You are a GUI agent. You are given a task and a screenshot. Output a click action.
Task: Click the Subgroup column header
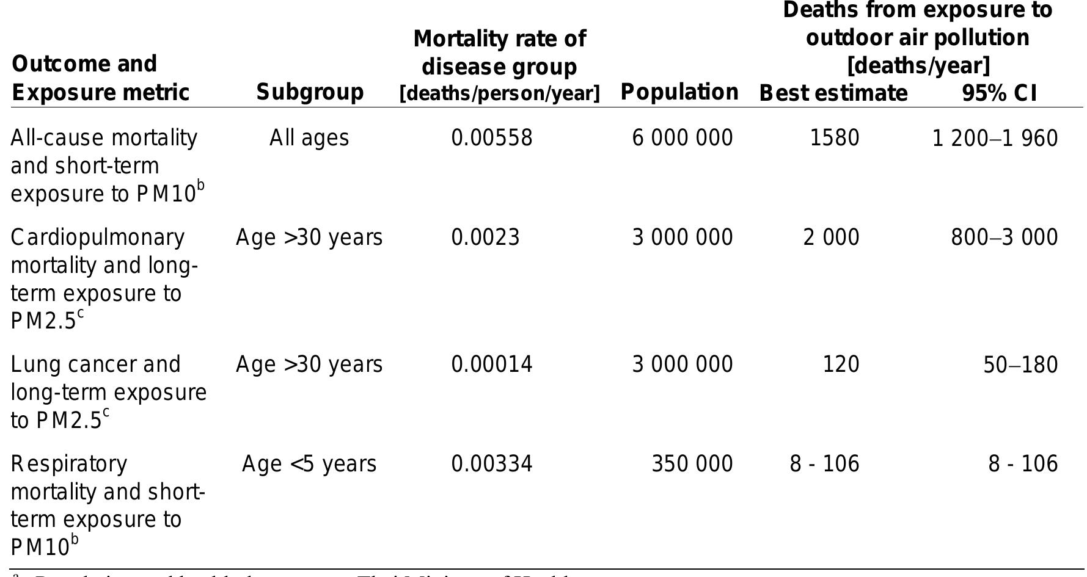(310, 92)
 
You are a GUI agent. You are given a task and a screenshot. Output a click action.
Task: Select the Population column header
(679, 92)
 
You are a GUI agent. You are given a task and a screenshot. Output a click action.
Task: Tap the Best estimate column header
(833, 93)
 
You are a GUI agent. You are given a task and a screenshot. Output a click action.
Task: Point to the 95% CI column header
(999, 93)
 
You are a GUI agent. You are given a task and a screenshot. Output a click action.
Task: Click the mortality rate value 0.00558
(492, 138)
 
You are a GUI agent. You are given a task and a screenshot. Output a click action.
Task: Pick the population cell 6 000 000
(683, 138)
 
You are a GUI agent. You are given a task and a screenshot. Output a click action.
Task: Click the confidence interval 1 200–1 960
(995, 139)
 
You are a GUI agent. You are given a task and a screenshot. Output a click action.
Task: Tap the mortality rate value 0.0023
(485, 238)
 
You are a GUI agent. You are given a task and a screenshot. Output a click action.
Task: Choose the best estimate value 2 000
(831, 238)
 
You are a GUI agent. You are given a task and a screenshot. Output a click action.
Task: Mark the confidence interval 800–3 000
(1005, 238)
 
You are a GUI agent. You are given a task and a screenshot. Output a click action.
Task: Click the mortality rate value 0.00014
(492, 365)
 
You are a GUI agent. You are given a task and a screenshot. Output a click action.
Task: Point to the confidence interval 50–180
(1020, 365)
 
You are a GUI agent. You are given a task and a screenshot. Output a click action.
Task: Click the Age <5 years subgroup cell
(309, 464)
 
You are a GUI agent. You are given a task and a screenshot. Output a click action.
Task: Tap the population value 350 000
(692, 464)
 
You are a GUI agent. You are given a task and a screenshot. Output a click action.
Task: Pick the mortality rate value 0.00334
(492, 464)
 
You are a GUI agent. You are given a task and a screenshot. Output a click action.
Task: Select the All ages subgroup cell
(309, 138)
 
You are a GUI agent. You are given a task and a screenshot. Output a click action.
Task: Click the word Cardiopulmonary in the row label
(98, 238)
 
